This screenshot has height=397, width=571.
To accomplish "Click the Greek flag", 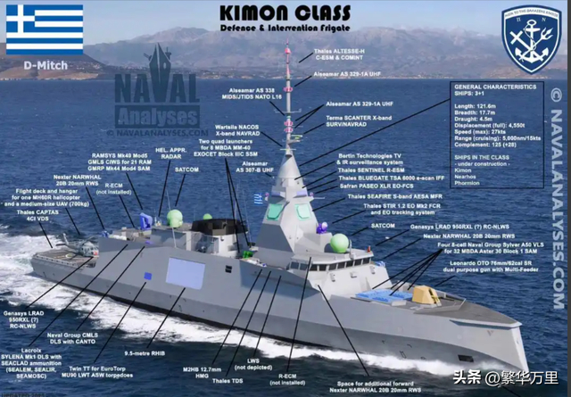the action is coord(45,29).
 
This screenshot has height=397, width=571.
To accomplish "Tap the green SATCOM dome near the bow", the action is coord(339,242).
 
